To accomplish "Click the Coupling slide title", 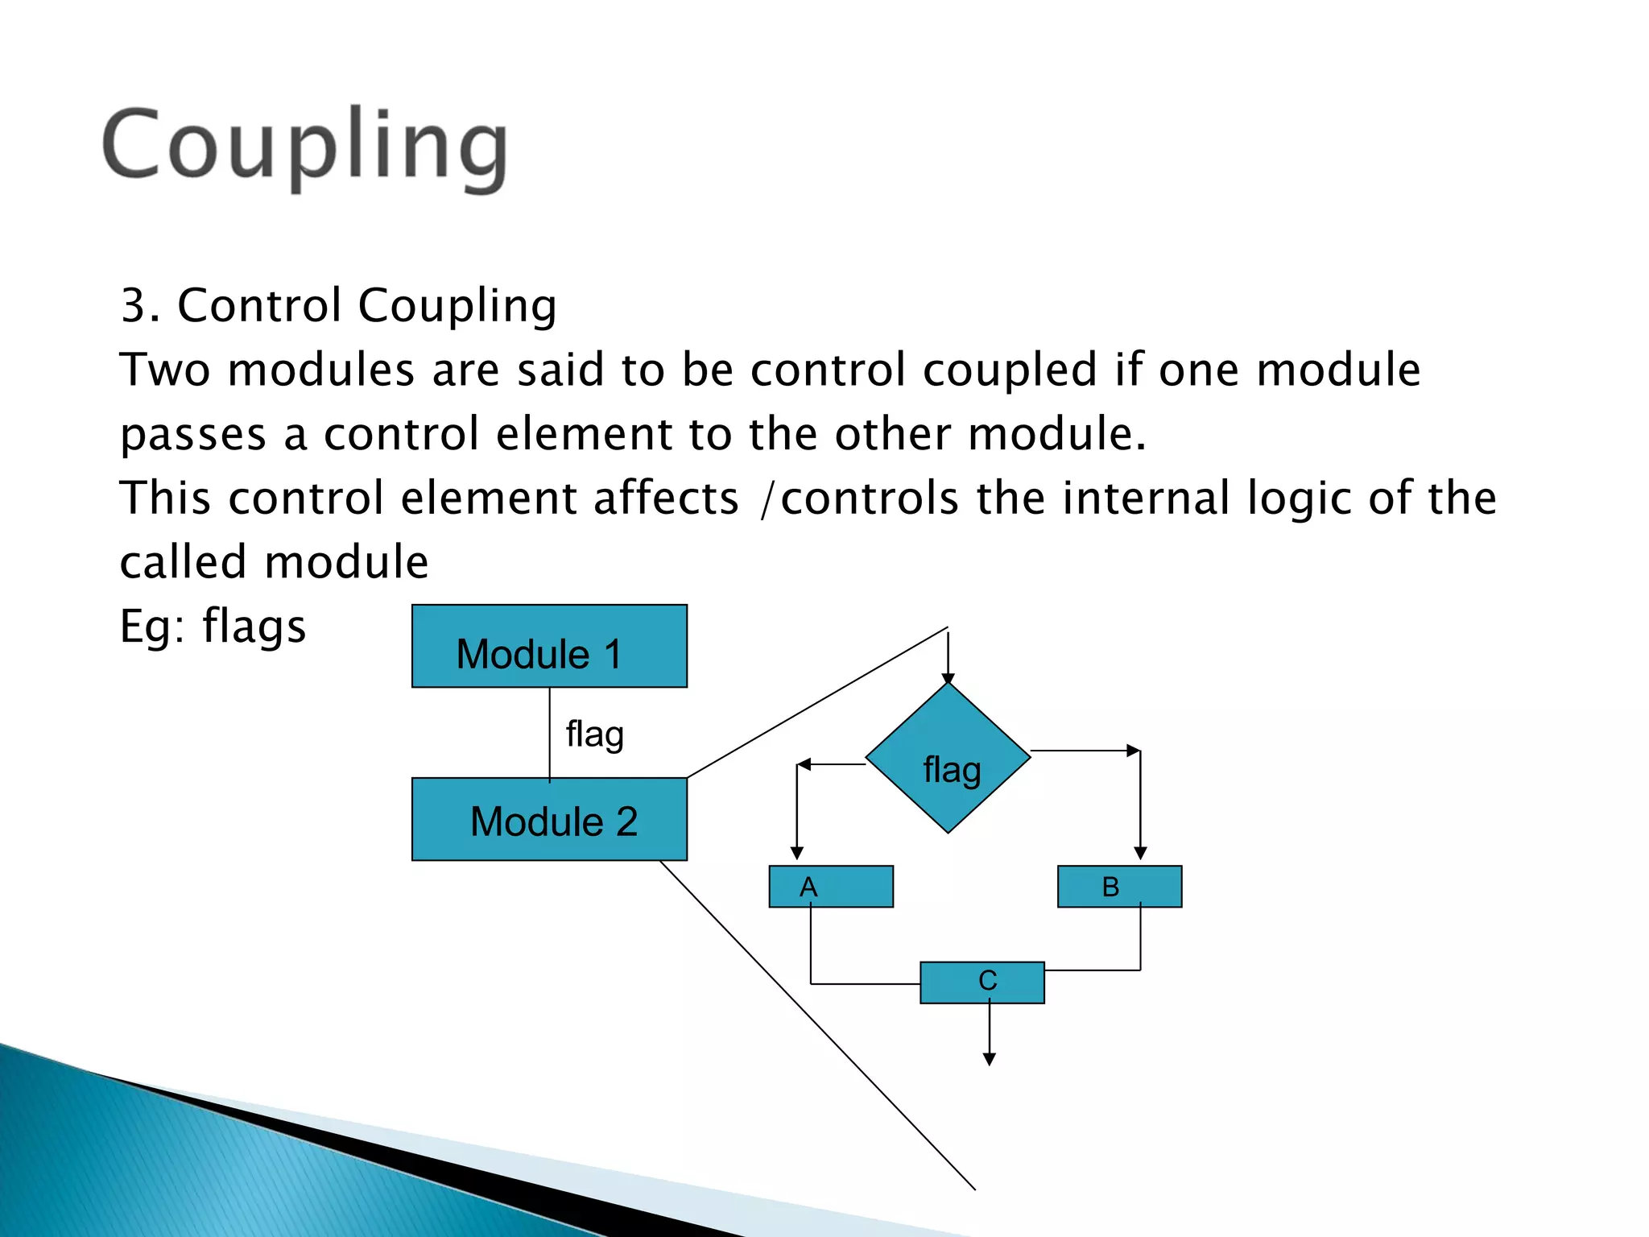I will click(304, 147).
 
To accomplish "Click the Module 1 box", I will click(549, 647).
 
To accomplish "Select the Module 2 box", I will click(549, 820).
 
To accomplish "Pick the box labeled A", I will click(831, 887).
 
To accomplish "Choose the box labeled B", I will click(1119, 887).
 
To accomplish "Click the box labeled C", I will click(982, 982).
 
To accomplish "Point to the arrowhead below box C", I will click(990, 1059).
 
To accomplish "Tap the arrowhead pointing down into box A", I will click(797, 853).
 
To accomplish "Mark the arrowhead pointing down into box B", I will click(1140, 853).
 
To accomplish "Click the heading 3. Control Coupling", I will click(338, 305).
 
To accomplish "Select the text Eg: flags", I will click(213, 627).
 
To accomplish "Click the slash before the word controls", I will click(767, 499).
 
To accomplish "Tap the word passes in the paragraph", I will click(193, 435).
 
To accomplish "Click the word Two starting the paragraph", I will click(164, 370).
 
